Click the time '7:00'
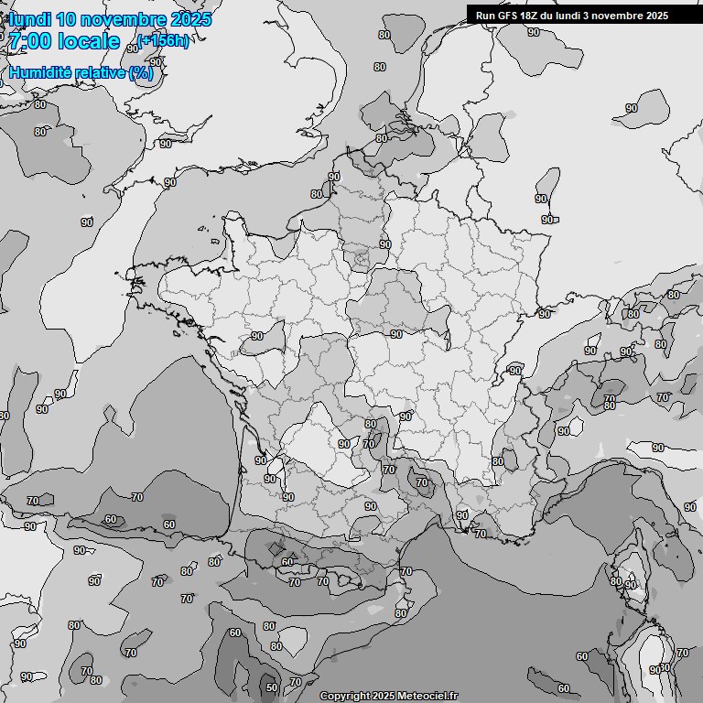tap(30, 41)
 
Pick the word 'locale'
tap(89, 41)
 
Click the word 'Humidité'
tap(39, 73)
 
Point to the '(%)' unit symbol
tap(141, 73)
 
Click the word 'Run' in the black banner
tap(486, 16)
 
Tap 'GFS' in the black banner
tap(508, 16)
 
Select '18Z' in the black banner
tap(531, 16)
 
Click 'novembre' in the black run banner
tap(615, 16)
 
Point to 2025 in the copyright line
tap(384, 697)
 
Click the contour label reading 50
tap(271, 687)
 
